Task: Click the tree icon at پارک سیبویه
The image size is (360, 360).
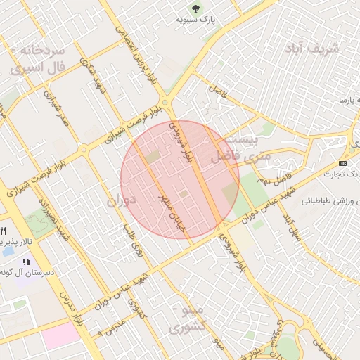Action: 195,8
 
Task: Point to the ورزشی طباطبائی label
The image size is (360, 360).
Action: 331,200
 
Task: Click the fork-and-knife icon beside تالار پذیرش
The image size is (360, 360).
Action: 4,231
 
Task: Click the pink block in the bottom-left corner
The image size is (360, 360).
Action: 61,335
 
